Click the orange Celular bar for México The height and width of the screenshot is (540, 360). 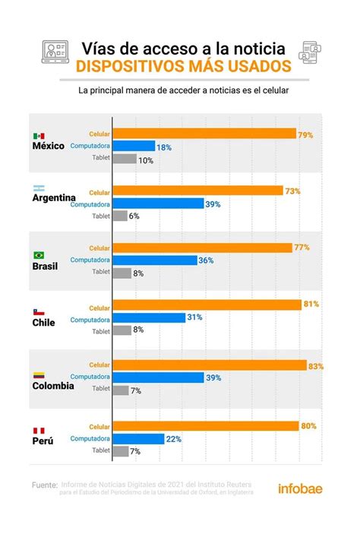(x=204, y=134)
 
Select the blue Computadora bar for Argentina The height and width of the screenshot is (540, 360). (x=158, y=204)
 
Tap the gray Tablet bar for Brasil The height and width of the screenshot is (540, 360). (x=120, y=272)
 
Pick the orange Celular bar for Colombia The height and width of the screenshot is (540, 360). (x=209, y=365)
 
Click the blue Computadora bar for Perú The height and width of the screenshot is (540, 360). (x=138, y=438)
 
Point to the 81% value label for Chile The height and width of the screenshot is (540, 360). (x=310, y=305)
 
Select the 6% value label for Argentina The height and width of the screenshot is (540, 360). (x=134, y=216)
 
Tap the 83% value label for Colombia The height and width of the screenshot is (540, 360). (x=316, y=365)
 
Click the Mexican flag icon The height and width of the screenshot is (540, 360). (x=39, y=136)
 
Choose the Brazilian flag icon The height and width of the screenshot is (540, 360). (x=39, y=255)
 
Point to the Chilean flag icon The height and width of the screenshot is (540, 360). (x=39, y=313)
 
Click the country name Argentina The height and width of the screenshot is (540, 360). (x=57, y=199)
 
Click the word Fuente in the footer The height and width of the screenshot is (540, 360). (x=44, y=485)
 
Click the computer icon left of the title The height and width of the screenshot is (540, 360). (x=55, y=52)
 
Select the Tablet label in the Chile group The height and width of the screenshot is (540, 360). (x=100, y=330)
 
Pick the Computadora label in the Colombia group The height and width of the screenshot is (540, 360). (x=90, y=377)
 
